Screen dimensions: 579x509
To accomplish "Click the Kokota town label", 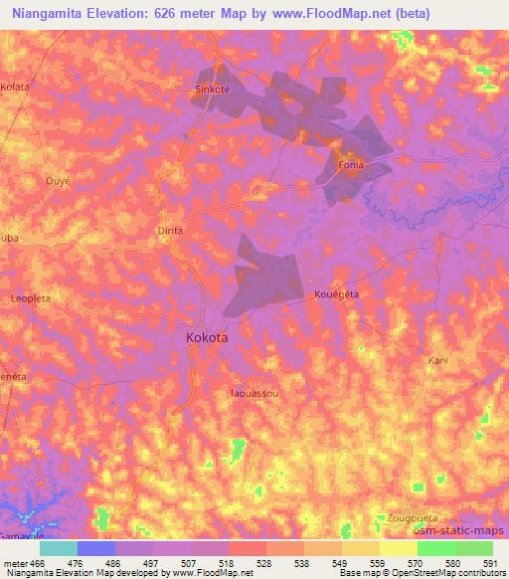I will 207,338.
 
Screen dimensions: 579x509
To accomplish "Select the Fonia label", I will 352,164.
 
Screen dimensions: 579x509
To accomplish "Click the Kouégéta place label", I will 336,294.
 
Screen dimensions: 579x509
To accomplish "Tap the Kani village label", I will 437,360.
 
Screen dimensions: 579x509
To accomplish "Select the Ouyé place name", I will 58,181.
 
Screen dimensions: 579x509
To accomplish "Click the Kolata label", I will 15,88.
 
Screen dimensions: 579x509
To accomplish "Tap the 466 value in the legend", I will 38,563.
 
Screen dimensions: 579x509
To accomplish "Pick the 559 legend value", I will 378,563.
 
